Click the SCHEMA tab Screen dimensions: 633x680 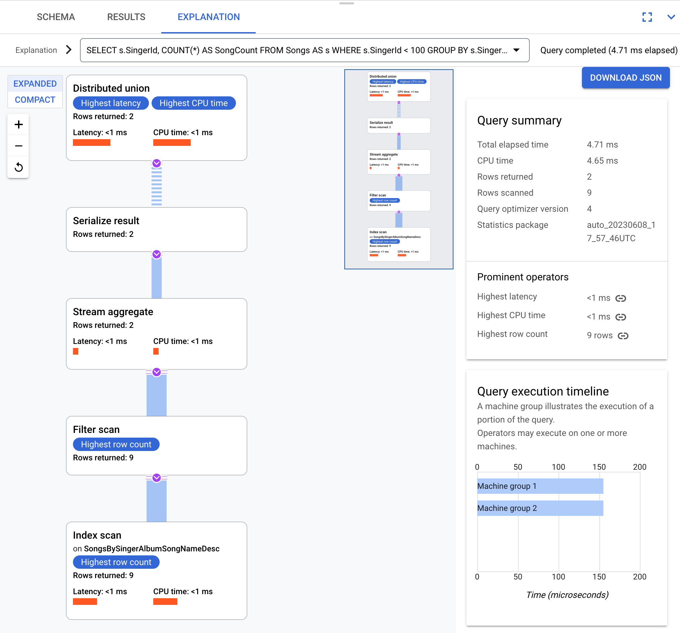click(56, 17)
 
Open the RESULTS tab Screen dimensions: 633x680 click(126, 17)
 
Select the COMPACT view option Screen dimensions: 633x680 click(35, 100)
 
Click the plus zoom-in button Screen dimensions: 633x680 click(19, 124)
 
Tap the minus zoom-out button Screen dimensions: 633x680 click(19, 146)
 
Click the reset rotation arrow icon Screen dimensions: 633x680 click(19, 167)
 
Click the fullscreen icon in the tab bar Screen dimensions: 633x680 click(647, 17)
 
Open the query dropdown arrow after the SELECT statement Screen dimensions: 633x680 click(516, 50)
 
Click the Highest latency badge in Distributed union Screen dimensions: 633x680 click(111, 103)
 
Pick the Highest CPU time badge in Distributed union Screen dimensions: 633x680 click(194, 103)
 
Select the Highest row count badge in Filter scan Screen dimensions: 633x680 click(116, 444)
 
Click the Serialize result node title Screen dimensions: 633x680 click(106, 221)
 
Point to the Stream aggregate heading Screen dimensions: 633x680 click(113, 312)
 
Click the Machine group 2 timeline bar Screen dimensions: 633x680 click(540, 508)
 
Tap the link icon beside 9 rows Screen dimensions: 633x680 click(623, 336)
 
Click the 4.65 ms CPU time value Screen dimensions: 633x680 click(602, 161)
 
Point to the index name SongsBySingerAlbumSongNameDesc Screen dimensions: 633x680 click(152, 549)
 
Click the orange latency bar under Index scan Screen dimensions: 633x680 click(85, 602)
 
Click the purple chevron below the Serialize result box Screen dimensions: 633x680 click(157, 254)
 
